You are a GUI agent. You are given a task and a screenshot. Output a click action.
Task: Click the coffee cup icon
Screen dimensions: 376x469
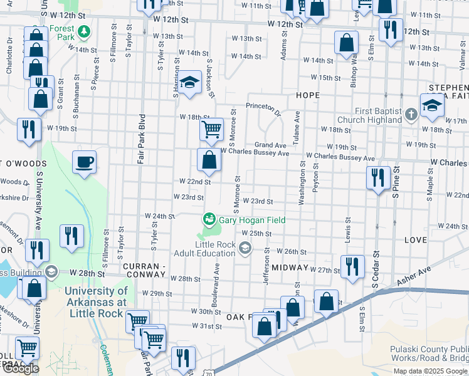coord(84,163)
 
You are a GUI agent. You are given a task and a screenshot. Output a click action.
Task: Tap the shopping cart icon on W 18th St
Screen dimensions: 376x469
coord(211,129)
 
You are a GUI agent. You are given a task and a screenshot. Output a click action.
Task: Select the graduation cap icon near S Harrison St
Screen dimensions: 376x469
coord(188,83)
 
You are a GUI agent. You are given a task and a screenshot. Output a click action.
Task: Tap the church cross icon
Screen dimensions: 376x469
coord(411,114)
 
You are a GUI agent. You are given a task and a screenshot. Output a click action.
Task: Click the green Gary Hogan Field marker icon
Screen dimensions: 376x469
coord(208,219)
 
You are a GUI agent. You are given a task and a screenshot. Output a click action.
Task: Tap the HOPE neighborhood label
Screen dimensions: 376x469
coord(307,95)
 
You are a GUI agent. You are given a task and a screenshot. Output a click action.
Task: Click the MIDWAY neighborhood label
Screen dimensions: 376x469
coord(291,268)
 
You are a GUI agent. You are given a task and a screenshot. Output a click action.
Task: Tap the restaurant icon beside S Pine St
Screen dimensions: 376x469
coord(378,177)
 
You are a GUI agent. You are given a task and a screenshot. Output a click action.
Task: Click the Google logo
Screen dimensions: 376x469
coord(21,368)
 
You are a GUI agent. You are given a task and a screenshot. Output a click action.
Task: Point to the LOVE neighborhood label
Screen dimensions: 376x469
coord(415,240)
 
